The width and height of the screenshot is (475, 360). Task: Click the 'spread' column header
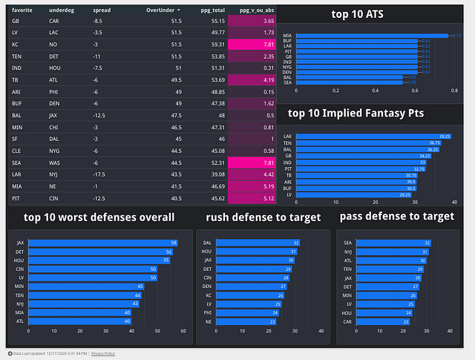pyautogui.click(x=102, y=10)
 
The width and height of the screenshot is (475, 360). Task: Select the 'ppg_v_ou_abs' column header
pyautogui.click(x=255, y=10)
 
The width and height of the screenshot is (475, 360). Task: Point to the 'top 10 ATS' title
pyautogui.click(x=363, y=15)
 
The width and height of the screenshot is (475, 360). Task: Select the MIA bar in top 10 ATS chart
pyautogui.click(x=370, y=35)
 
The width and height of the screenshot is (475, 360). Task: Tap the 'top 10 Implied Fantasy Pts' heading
pyautogui.click(x=366, y=114)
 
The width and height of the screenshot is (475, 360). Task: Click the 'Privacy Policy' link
pyautogui.click(x=103, y=353)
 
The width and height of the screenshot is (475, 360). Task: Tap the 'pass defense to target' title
pyautogui.click(x=396, y=217)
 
